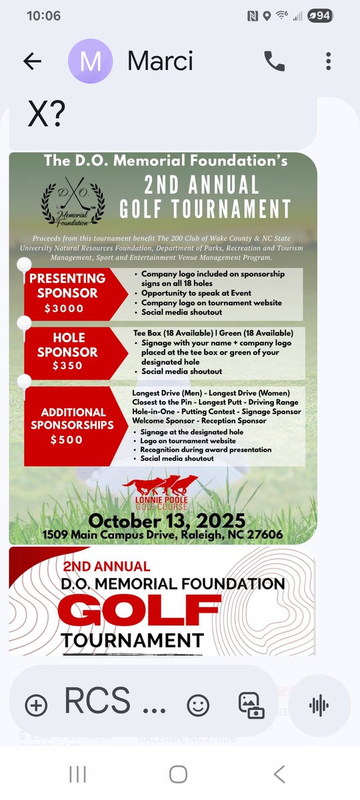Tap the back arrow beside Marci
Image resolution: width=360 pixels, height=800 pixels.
tap(32, 61)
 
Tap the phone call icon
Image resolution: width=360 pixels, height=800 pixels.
tap(274, 61)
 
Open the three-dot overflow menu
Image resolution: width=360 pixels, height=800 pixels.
tap(328, 61)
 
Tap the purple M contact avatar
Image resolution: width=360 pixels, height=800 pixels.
tap(90, 61)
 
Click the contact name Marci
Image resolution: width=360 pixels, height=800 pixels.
tap(160, 61)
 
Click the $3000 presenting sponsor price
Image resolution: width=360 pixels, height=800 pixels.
tap(65, 308)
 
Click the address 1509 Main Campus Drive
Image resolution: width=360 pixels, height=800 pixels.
tap(163, 535)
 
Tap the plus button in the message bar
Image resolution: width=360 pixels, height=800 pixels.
tap(36, 705)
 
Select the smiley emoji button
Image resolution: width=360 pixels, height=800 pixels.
tap(198, 705)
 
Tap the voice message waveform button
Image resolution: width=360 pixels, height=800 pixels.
tap(319, 705)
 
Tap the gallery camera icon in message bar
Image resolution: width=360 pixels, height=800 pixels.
tap(251, 705)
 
